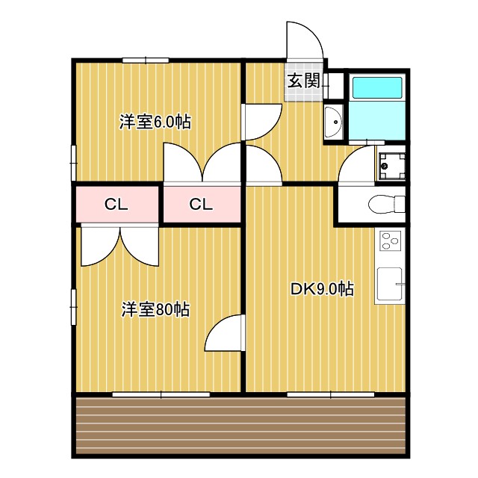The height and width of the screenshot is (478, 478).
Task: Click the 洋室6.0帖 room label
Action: click(155, 122)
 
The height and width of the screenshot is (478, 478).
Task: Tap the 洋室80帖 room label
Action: click(155, 309)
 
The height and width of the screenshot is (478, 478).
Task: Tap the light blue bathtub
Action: click(377, 88)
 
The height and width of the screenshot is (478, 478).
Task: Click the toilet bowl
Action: click(387, 203)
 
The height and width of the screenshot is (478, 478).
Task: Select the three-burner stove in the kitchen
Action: click(391, 241)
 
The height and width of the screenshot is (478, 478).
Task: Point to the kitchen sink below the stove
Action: click(389, 284)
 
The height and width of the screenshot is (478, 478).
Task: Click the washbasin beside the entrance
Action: click(332, 121)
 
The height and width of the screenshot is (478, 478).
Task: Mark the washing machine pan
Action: click(391, 166)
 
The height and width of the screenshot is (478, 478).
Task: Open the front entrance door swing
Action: click(303, 41)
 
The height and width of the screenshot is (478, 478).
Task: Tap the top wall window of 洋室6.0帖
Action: click(146, 60)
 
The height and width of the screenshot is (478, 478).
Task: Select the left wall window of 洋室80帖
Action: click(73, 307)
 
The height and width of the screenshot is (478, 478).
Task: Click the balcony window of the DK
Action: click(330, 393)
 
